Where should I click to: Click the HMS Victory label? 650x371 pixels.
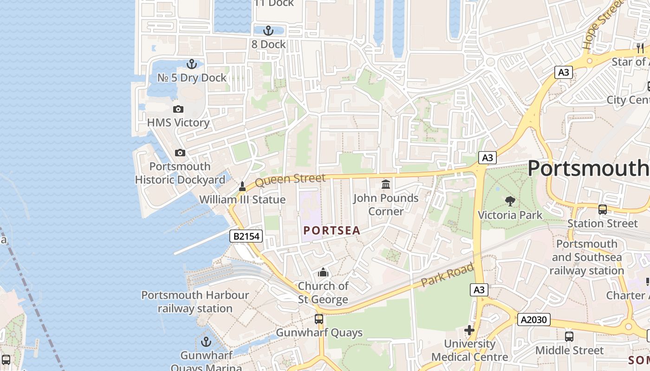178,123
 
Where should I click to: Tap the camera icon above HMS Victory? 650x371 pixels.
178,109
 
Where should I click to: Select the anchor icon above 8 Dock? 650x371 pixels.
268,31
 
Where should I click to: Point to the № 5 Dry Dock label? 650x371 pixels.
192,78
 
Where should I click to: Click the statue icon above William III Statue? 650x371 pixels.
242,186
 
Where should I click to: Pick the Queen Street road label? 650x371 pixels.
290,179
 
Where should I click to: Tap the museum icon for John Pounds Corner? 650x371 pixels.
386,185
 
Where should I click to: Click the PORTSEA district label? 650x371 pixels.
331,230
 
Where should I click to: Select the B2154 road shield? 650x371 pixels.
246,237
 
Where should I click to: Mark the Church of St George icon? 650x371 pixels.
323,272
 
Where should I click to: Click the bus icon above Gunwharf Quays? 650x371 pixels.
319,319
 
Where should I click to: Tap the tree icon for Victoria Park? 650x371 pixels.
510,201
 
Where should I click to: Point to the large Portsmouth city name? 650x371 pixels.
588,168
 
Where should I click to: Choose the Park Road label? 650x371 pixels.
447,275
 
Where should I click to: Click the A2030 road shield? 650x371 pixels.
534,320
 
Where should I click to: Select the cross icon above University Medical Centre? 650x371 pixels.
469,330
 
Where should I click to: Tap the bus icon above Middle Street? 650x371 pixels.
569,337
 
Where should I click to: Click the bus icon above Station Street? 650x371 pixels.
603,210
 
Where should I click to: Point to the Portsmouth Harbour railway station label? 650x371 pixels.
195,301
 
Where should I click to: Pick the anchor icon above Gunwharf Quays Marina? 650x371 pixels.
206,342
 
